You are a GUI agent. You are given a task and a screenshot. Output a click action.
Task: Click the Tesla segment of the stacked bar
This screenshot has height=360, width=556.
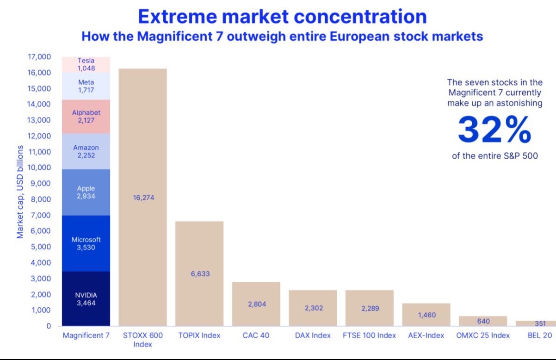pos(86,65)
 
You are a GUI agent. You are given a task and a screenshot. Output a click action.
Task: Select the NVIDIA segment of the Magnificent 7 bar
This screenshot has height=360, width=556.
pos(86,298)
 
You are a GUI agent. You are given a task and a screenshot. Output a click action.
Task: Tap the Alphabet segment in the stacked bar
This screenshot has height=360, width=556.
pos(86,117)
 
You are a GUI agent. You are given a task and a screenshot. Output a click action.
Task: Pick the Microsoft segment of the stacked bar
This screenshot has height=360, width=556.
pos(86,243)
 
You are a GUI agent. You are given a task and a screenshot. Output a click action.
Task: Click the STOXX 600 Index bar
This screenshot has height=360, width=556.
pos(143,197)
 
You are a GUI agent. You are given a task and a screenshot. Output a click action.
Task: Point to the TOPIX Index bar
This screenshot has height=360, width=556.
pos(199,273)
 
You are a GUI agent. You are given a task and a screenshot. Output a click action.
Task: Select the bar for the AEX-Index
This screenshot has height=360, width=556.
pos(426,315)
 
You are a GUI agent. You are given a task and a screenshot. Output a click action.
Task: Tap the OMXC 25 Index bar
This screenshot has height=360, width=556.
pos(483,321)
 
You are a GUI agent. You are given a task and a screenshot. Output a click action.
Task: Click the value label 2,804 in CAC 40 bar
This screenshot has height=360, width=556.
pos(257,304)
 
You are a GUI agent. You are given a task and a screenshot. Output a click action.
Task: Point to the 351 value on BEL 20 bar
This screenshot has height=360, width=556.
pos(540,323)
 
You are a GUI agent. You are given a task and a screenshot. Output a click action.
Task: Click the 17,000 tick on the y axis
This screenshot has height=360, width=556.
pos(39,57)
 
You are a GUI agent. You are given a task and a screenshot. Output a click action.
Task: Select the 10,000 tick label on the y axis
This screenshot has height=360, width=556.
pos(39,168)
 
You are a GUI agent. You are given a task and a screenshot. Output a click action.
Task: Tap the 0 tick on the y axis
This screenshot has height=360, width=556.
pos(49,326)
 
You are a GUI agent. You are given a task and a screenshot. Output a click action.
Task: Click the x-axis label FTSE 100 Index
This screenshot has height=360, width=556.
pos(369,335)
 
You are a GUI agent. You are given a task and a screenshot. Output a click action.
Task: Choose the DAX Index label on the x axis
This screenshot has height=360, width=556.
pos(313,335)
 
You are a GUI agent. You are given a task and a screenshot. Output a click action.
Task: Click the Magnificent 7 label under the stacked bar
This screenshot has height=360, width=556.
pos(86,335)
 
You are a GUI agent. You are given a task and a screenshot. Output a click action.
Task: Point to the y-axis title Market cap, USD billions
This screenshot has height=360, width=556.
pos(20,192)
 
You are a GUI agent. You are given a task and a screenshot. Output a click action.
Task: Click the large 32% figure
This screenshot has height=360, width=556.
pos(494,130)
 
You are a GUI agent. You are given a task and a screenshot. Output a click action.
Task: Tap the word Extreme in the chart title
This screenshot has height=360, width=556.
pos(178,17)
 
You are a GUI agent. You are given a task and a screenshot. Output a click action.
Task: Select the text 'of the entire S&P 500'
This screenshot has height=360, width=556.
pos(495,156)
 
